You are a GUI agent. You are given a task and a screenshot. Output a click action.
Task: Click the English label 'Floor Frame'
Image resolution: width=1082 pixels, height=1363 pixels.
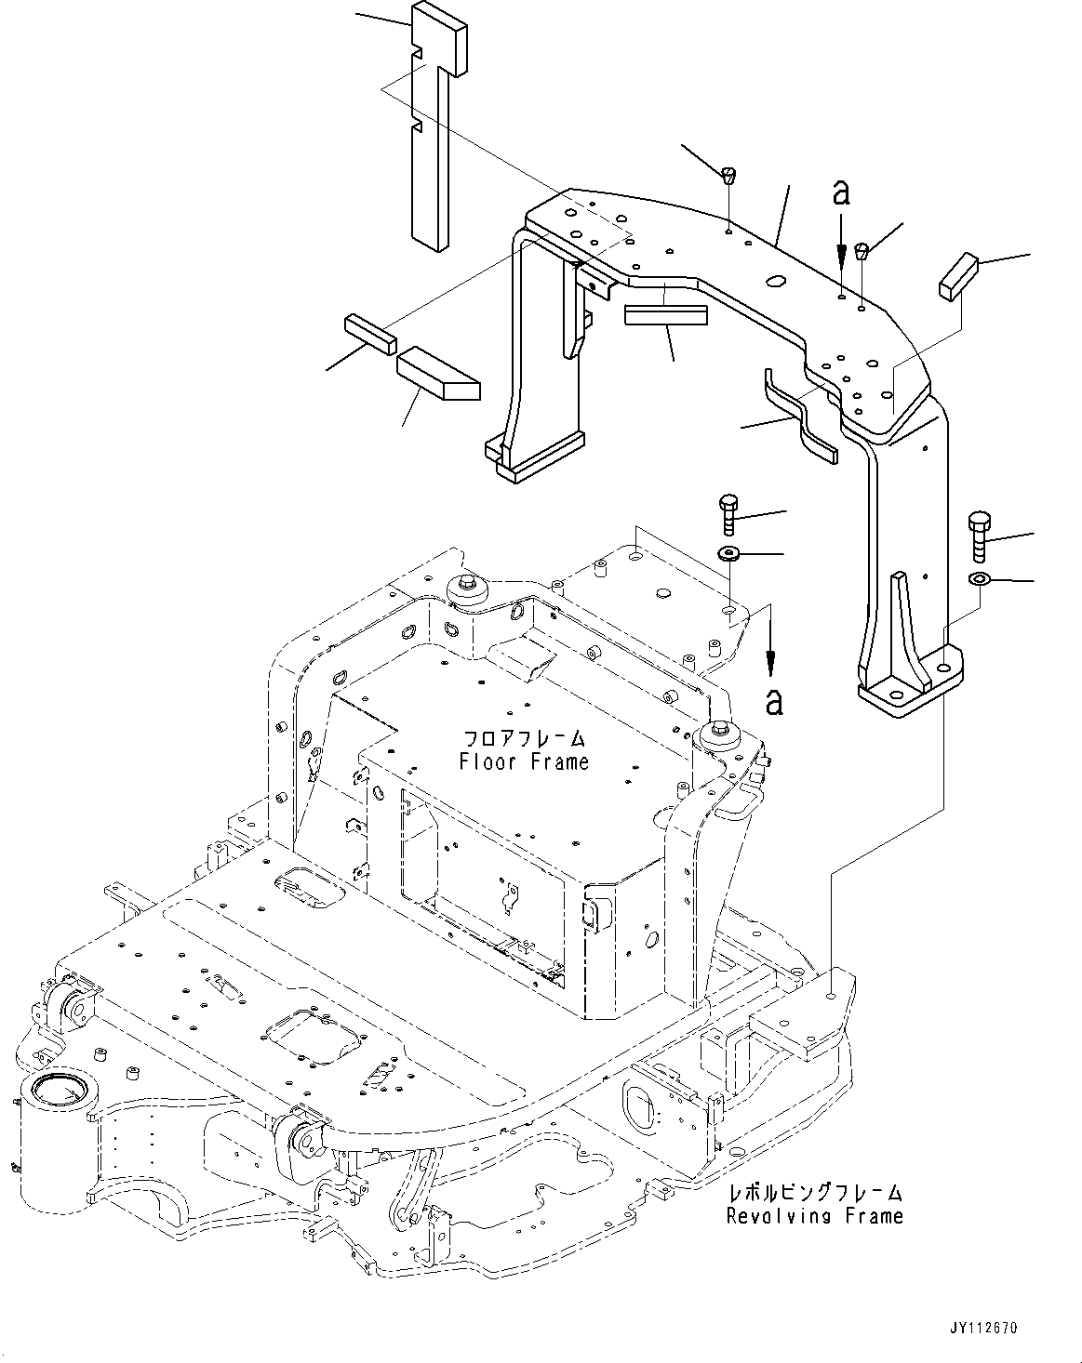click(524, 762)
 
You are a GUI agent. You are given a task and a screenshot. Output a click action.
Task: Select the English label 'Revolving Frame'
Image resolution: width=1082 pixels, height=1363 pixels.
click(814, 1215)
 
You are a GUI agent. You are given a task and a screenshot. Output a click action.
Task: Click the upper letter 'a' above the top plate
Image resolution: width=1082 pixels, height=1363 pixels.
click(840, 193)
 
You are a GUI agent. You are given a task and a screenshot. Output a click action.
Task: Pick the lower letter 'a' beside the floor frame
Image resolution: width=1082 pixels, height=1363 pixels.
click(774, 702)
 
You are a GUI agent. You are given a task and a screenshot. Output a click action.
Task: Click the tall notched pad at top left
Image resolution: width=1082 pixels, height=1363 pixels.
click(436, 130)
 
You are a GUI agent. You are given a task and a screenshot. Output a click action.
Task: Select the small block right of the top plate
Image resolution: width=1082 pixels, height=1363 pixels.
click(959, 276)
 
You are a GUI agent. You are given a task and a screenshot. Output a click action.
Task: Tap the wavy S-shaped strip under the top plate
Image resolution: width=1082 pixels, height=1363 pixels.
click(800, 416)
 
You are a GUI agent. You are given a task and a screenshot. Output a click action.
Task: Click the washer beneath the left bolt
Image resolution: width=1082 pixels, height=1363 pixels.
click(728, 555)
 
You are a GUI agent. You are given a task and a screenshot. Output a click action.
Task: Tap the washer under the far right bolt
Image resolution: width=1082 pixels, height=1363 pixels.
click(979, 580)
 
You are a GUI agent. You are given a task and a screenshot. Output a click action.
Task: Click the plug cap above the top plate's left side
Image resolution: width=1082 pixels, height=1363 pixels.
click(728, 173)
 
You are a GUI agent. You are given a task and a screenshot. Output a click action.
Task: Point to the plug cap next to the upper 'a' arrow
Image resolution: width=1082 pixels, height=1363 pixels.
click(862, 249)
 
